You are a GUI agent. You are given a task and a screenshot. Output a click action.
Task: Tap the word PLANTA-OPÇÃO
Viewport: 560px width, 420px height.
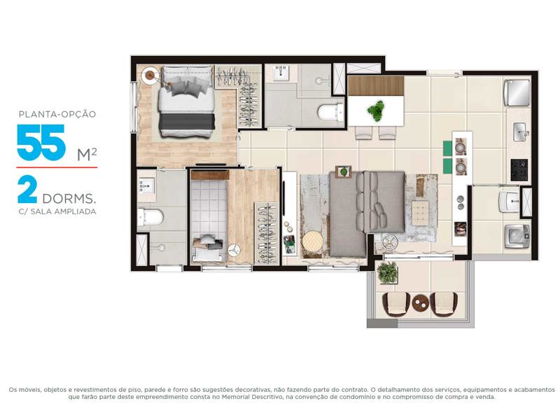(x=57, y=113)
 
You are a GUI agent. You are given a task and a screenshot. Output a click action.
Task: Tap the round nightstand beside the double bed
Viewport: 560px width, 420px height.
(x=150, y=75)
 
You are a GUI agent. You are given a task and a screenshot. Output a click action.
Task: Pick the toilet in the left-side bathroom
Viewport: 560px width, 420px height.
(x=150, y=216)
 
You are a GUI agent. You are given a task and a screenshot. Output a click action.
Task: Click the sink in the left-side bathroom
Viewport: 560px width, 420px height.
(x=148, y=186)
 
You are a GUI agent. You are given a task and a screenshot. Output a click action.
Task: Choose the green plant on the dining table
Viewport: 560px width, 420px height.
(x=377, y=109)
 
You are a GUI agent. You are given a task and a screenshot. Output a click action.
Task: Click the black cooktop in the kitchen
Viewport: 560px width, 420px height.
(x=519, y=169)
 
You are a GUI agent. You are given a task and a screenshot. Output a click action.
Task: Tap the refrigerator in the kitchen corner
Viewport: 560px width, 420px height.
(x=517, y=91)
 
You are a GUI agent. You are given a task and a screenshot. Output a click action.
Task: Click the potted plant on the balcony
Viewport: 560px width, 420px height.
(x=387, y=271)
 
